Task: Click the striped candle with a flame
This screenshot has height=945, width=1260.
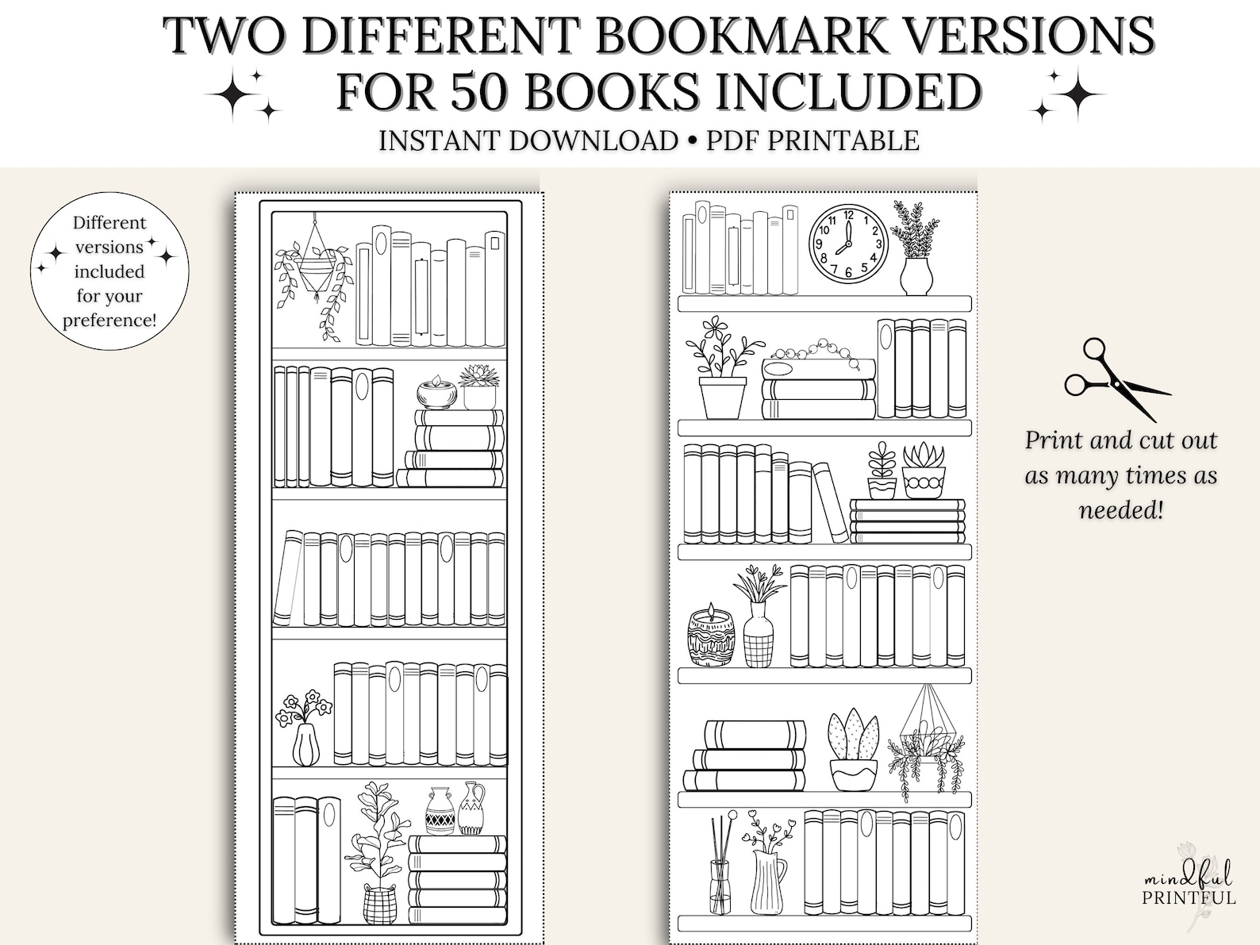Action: click(711, 637)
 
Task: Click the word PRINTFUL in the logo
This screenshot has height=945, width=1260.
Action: click(1189, 898)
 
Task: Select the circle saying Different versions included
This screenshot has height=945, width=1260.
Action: click(109, 271)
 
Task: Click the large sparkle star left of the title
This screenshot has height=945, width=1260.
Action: click(236, 94)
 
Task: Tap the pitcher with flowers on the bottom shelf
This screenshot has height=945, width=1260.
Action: click(766, 869)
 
